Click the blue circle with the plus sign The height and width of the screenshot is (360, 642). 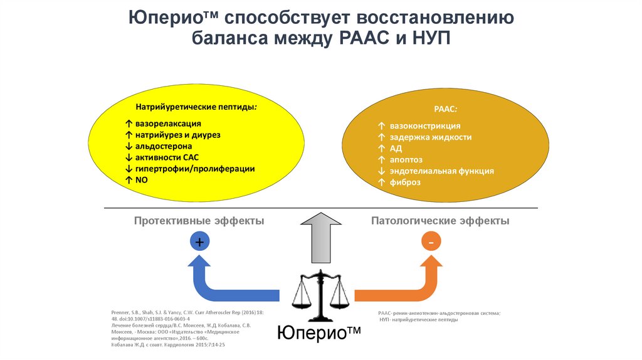tap(199, 241)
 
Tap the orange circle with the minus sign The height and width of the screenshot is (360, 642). tap(431, 241)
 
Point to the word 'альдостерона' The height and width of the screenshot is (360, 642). tap(165, 147)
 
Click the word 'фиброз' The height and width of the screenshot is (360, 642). tap(404, 182)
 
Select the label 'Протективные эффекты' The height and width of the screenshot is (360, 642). tap(199, 221)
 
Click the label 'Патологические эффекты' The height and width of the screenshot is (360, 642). tap(440, 221)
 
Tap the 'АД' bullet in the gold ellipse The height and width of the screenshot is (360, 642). tap(395, 148)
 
